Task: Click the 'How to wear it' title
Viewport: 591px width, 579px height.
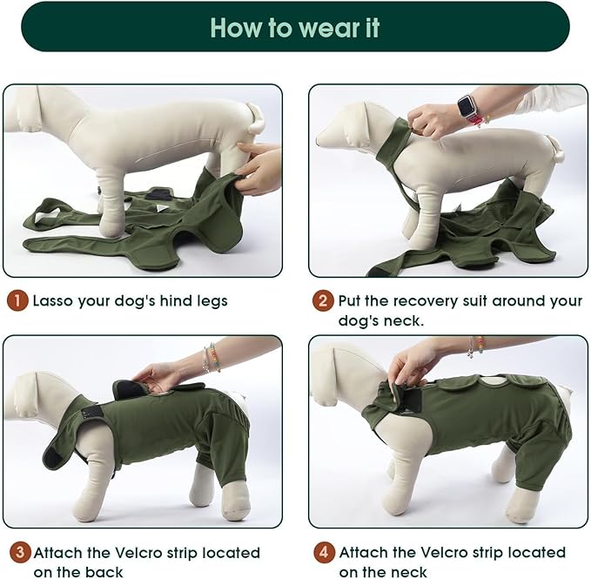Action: pos(295,27)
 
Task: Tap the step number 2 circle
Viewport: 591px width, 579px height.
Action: pos(323,301)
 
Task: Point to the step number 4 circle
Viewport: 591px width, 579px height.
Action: pos(323,553)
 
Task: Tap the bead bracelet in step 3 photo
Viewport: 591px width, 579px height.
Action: pos(210,358)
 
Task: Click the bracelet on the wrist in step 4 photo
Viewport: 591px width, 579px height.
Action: pos(475,347)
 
